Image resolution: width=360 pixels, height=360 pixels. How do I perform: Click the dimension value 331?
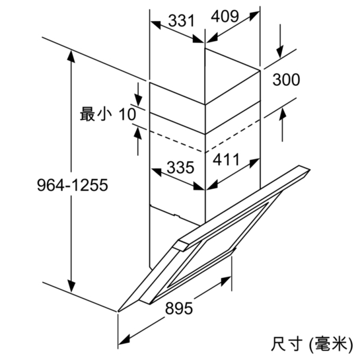click(x=182, y=20)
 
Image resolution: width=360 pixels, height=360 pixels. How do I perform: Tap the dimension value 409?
click(x=225, y=17)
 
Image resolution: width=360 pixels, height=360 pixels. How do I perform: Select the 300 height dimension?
click(x=286, y=80)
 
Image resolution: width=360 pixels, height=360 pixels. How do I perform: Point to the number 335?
click(x=180, y=167)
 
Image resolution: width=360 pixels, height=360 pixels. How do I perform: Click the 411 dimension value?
click(x=226, y=160)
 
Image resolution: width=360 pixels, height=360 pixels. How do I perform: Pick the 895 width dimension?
click(x=179, y=308)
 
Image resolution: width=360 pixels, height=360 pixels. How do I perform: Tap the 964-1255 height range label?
click(x=72, y=185)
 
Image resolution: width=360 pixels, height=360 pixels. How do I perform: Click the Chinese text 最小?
click(x=96, y=114)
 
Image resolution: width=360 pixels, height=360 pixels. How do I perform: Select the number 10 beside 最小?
click(x=127, y=114)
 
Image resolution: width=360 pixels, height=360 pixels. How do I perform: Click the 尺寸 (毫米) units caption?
click(x=312, y=344)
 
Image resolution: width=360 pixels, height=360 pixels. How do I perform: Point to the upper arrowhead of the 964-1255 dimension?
click(x=71, y=56)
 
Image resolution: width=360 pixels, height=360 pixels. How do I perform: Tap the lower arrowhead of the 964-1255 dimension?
click(x=71, y=286)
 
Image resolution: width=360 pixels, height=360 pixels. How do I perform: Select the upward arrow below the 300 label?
click(x=283, y=125)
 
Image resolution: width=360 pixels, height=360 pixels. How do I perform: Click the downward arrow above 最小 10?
click(x=138, y=94)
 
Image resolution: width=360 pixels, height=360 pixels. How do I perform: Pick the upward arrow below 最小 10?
click(x=138, y=141)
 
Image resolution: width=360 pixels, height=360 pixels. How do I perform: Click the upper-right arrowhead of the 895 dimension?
click(x=226, y=281)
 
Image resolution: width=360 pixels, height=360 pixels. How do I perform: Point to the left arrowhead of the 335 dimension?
click(x=157, y=172)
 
